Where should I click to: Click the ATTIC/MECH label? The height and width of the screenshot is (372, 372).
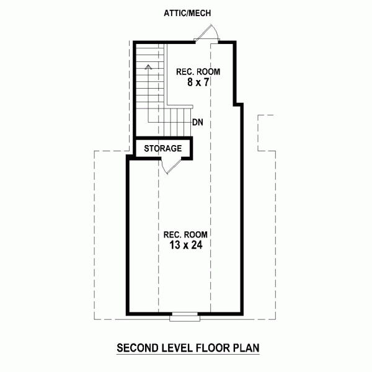[x=187, y=13]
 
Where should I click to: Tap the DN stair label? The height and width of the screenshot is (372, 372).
[x=198, y=122]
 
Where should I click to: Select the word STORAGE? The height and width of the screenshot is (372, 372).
[x=162, y=149]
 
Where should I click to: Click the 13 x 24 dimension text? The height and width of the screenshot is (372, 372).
[x=186, y=245]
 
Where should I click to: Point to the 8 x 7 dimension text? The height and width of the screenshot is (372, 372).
[x=198, y=82]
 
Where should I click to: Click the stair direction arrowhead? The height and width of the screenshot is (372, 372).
[x=149, y=67]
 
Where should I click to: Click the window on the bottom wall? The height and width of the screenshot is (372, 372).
[x=185, y=317]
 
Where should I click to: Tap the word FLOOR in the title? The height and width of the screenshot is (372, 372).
[x=213, y=348]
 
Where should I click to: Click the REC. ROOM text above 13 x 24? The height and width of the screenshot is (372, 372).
[x=185, y=234]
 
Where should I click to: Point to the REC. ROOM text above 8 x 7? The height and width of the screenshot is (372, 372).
[x=198, y=72]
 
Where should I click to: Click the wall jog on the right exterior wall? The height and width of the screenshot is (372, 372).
[x=238, y=104]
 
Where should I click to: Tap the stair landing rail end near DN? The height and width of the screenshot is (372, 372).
[x=192, y=107]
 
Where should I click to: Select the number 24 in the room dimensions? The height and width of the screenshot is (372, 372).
[x=197, y=245]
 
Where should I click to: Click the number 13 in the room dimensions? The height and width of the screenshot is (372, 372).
[x=175, y=245]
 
